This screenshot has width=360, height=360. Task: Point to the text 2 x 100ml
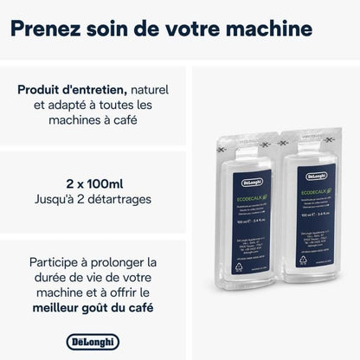tap(93, 183)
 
